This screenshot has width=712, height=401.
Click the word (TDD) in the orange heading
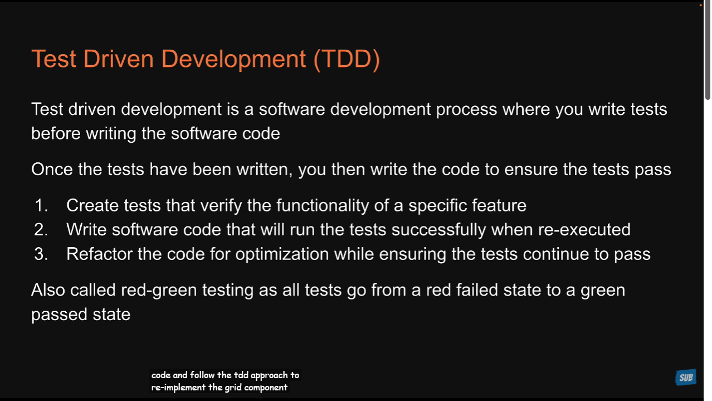click(347, 59)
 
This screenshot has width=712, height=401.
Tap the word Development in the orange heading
click(233, 59)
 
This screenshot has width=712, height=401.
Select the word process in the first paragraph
click(466, 110)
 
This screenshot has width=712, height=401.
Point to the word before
click(56, 133)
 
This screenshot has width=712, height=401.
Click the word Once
click(52, 169)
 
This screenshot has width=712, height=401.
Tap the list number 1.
click(41, 205)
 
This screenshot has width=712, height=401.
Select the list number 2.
click(41, 229)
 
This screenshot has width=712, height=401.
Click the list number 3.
click(41, 254)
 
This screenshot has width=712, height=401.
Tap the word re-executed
click(584, 229)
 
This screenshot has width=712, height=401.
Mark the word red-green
click(159, 290)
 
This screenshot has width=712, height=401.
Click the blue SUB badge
click(686, 378)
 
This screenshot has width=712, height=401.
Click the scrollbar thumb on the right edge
click(708, 51)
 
